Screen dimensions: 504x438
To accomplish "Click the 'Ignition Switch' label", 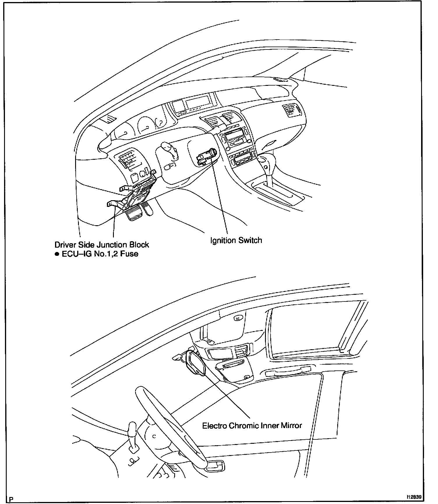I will click(236, 240).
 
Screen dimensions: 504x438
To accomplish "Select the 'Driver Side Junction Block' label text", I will click(102, 245).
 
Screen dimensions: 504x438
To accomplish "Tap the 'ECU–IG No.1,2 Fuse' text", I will click(100, 254).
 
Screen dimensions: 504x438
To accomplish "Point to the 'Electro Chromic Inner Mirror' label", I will click(252, 426).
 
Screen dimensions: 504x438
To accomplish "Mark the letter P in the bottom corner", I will click(11, 498).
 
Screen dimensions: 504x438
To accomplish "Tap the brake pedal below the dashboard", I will click(134, 214).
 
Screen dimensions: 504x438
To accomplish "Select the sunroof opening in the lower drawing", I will click(315, 332).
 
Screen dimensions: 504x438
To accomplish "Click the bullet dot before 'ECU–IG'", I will click(57, 254).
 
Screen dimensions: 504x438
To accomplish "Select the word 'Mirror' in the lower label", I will click(291, 426).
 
